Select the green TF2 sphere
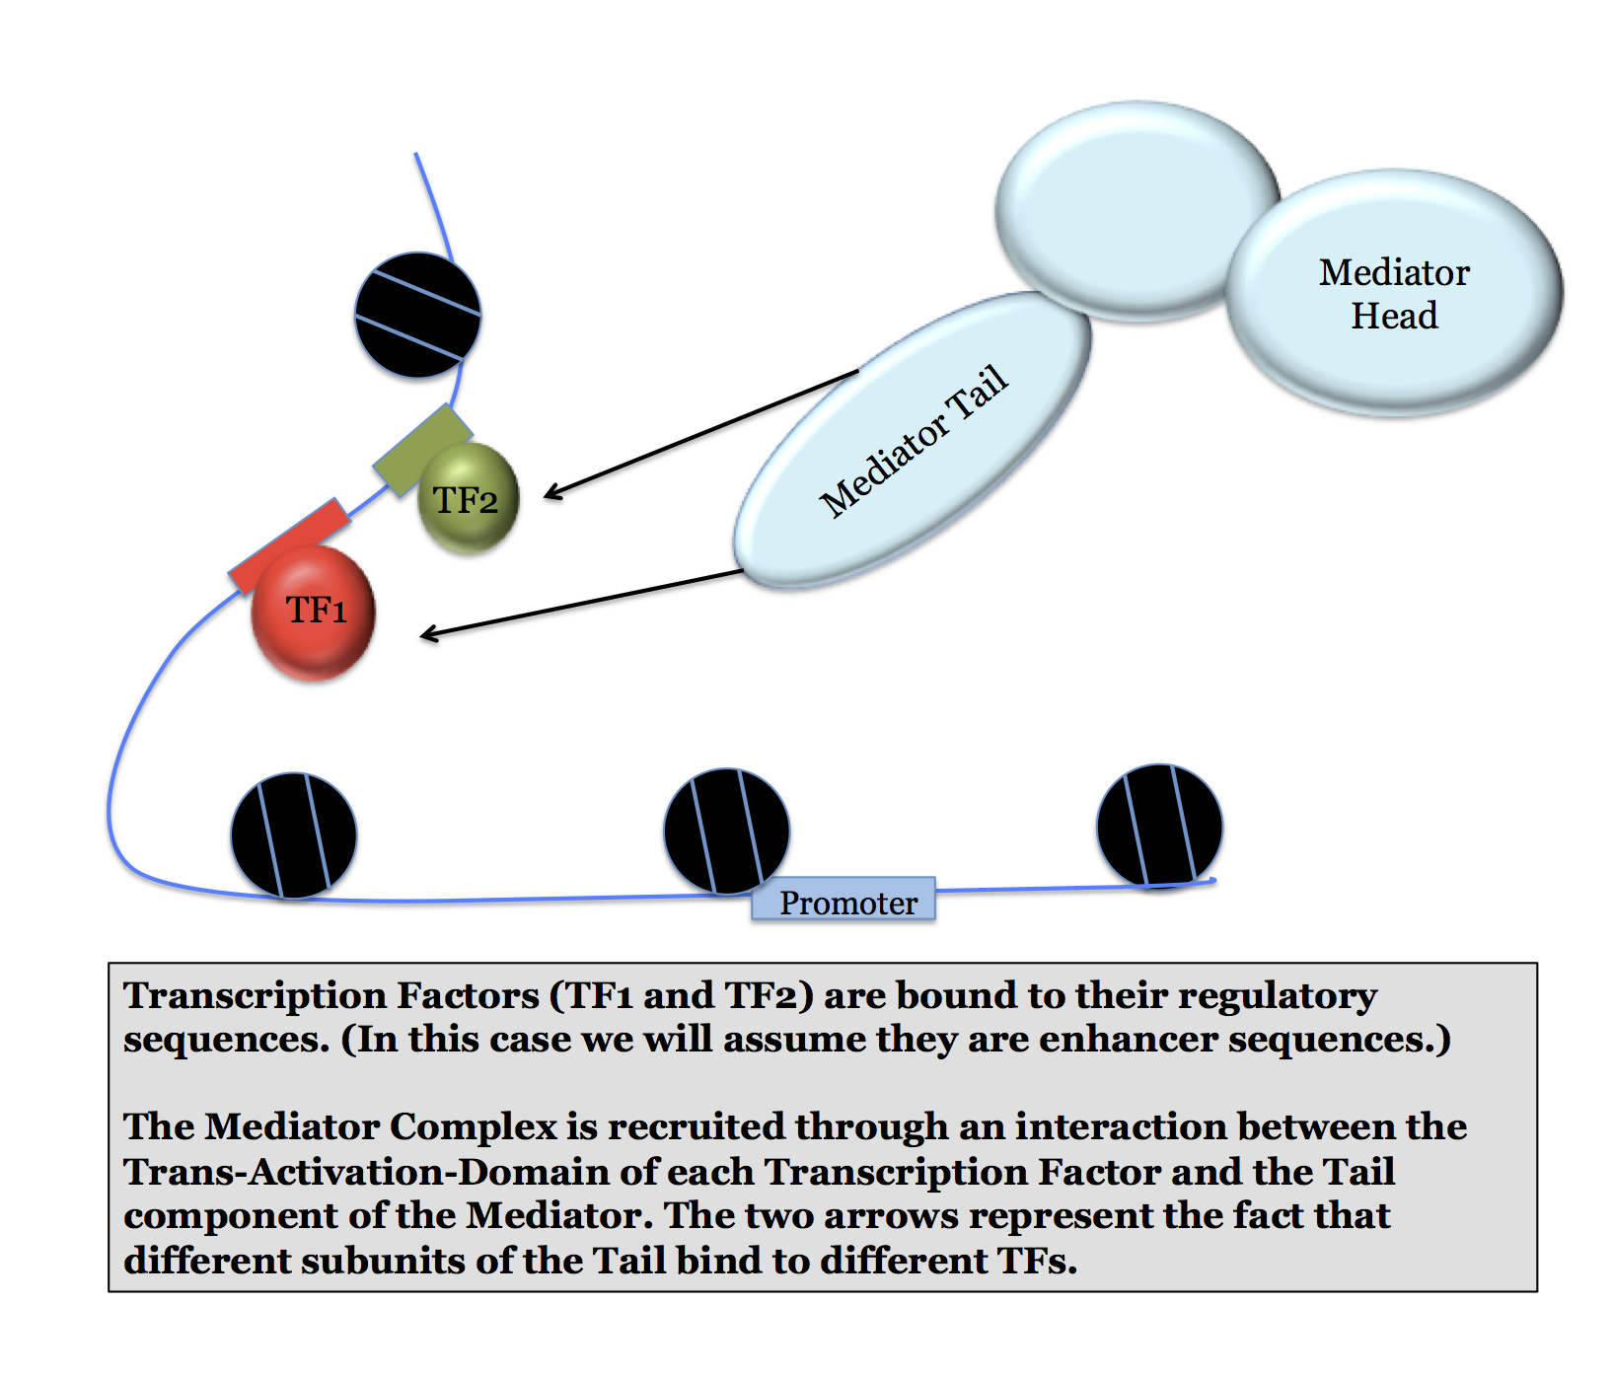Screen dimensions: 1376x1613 469,498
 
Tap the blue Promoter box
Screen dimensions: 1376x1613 843,900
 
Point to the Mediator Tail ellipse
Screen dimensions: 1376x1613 913,441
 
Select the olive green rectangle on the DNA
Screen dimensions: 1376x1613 421,450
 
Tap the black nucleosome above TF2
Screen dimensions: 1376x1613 418,315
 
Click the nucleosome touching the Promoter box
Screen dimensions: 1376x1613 727,831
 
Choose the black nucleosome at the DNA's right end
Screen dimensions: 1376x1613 1159,826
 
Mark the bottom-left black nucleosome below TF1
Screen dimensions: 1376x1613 294,835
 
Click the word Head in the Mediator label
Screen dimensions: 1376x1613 1394,316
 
